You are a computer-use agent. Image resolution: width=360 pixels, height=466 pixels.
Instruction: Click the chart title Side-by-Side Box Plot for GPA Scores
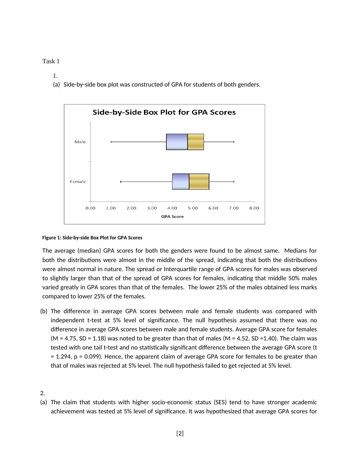click(x=164, y=112)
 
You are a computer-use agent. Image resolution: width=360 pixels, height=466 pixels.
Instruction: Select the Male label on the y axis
click(x=80, y=142)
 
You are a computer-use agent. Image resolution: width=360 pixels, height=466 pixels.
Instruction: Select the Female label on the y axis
click(x=78, y=182)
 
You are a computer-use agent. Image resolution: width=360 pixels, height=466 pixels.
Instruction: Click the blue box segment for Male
click(x=177, y=142)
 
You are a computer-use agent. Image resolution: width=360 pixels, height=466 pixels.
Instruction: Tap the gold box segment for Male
click(x=196, y=142)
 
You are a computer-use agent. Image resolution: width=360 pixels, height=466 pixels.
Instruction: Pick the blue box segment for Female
click(x=181, y=182)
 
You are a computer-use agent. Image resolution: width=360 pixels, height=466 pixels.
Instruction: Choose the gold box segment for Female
click(x=199, y=182)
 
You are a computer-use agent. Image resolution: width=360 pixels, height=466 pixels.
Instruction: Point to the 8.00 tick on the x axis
click(x=254, y=208)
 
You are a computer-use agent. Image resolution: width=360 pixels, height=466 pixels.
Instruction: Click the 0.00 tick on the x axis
click(x=90, y=208)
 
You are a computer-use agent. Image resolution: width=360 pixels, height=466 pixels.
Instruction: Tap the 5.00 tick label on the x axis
click(x=193, y=208)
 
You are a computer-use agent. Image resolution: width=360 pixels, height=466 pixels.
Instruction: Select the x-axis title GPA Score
click(x=172, y=217)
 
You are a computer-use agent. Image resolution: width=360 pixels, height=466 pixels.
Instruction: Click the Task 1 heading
click(x=51, y=61)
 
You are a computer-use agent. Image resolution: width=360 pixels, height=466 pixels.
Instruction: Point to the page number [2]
click(x=180, y=433)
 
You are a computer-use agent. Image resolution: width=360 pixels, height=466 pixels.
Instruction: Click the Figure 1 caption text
click(x=92, y=238)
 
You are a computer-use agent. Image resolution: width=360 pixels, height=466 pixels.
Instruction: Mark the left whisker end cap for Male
click(x=111, y=142)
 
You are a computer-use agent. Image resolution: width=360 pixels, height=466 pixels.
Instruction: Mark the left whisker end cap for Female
click(x=121, y=182)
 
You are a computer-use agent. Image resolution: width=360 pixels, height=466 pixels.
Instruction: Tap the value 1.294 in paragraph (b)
click(x=64, y=356)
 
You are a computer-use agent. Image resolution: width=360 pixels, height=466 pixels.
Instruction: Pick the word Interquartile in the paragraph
click(x=182, y=269)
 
